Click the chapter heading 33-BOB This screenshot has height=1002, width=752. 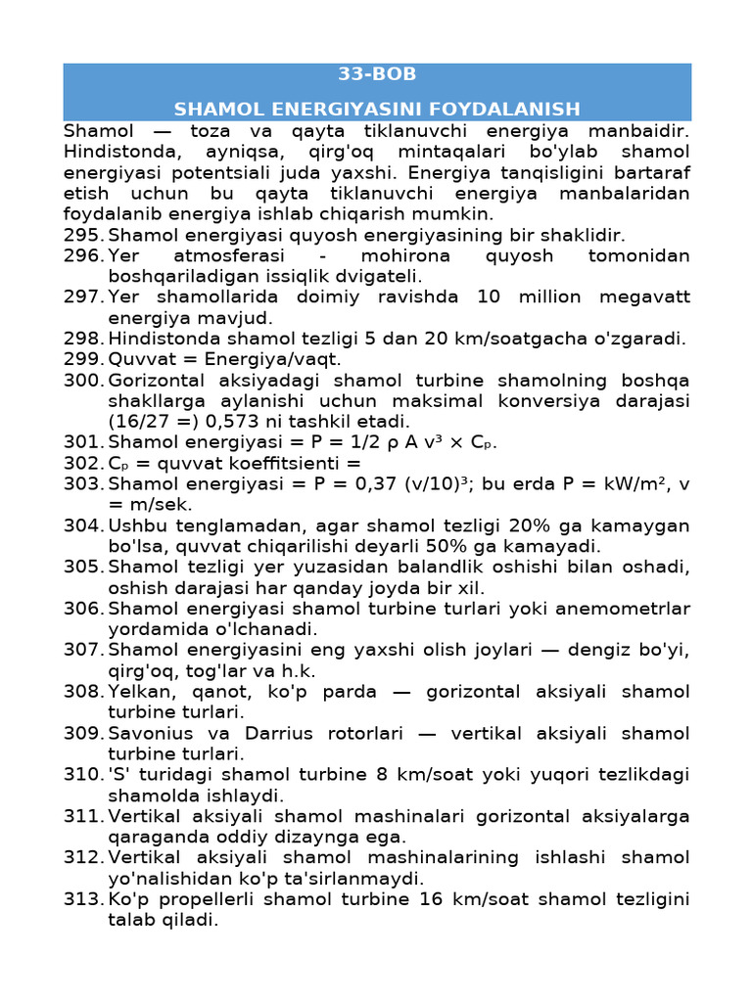point(377,74)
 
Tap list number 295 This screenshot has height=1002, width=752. point(83,235)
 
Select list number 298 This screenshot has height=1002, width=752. point(83,339)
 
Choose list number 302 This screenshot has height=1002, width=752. point(83,463)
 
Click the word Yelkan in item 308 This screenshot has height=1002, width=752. point(137,692)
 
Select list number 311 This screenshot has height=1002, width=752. point(83,816)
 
